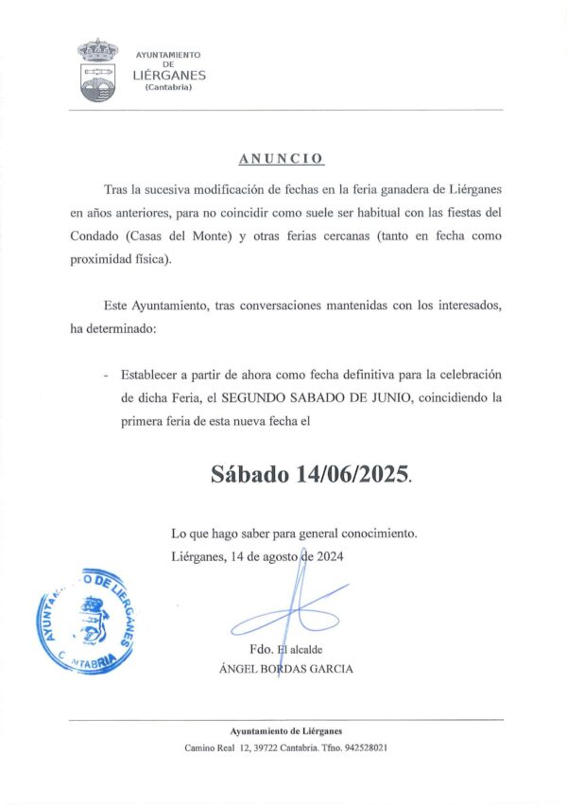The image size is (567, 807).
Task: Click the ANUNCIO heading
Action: [x=281, y=158]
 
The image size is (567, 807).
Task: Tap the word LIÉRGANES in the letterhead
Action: [x=168, y=76]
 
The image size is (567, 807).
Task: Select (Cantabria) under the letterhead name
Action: [x=168, y=88]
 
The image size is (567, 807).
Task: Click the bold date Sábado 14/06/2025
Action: [x=311, y=474]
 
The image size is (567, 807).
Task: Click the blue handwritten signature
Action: [x=288, y=606]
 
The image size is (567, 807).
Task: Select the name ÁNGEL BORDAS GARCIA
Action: [x=285, y=669]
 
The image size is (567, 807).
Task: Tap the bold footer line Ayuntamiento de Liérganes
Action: [x=286, y=730]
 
